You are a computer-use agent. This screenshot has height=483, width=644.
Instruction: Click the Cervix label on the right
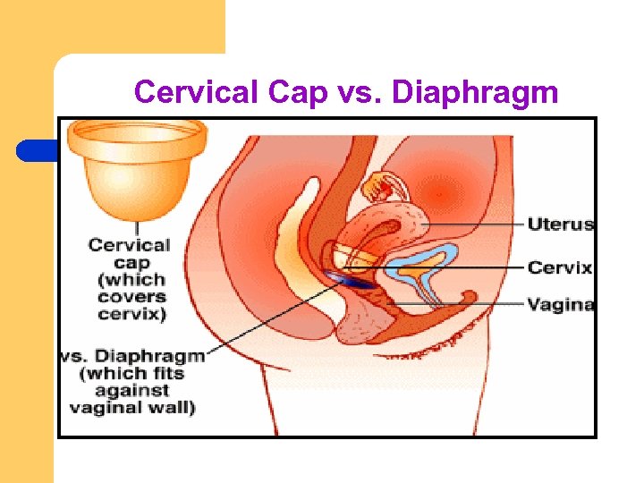(560, 267)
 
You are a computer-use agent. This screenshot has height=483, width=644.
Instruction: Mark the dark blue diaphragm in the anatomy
(354, 281)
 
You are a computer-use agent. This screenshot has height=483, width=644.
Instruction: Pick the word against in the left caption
(135, 391)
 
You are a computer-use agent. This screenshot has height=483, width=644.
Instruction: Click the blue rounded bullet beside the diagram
(36, 150)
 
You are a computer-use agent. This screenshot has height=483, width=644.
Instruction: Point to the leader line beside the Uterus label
(474, 224)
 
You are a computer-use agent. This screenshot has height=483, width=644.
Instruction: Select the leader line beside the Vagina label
(465, 305)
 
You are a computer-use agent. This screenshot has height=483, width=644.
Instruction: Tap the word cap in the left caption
(131, 261)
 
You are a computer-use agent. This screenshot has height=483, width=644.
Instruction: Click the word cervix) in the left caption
(130, 315)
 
